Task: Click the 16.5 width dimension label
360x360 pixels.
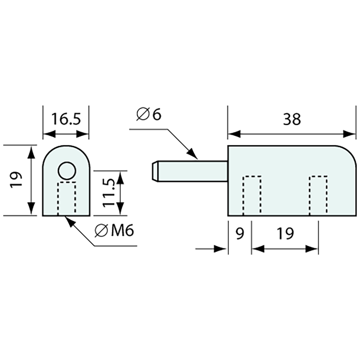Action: pyautogui.click(x=66, y=119)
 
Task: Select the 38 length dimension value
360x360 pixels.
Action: pyautogui.click(x=292, y=119)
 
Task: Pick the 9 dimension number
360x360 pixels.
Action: pyautogui.click(x=240, y=234)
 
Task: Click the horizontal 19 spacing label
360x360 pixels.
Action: pyautogui.click(x=285, y=234)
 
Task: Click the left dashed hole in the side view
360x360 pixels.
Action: pyautogui.click(x=252, y=195)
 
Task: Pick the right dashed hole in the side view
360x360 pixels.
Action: pyautogui.click(x=318, y=195)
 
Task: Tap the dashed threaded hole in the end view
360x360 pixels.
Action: pyautogui.click(x=67, y=198)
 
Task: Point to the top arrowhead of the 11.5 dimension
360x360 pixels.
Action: pyautogui.click(x=120, y=176)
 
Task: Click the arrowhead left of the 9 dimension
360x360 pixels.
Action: pyautogui.click(x=220, y=249)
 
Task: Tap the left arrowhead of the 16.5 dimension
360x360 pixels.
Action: pyautogui.click(x=49, y=134)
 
